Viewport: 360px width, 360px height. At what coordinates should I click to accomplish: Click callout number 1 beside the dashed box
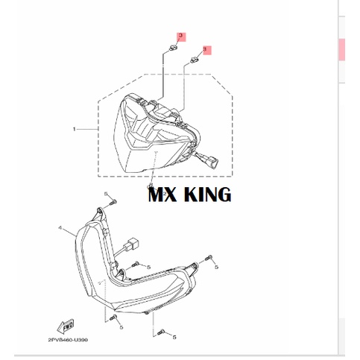[x=74, y=130]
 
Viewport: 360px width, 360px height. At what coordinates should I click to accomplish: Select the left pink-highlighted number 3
[x=180, y=37]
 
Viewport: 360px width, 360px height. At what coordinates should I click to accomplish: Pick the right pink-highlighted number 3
[x=206, y=49]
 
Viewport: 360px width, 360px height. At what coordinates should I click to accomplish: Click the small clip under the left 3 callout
[x=171, y=49]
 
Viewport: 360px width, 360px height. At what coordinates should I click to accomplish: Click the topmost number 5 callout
[x=107, y=194]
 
